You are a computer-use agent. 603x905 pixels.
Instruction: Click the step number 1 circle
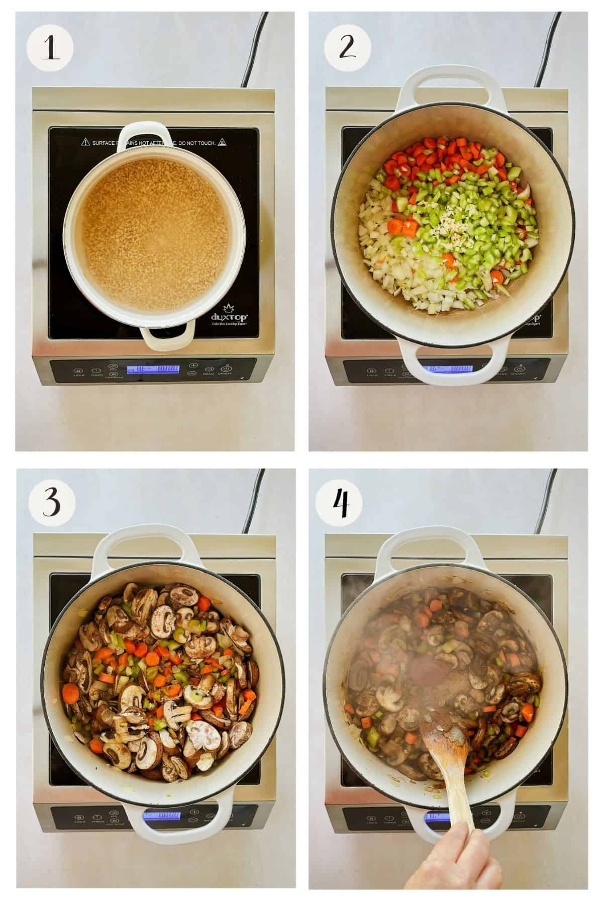click(x=50, y=49)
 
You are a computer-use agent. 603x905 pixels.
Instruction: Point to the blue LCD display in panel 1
click(x=153, y=370)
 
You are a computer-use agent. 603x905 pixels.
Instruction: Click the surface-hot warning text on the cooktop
click(x=148, y=143)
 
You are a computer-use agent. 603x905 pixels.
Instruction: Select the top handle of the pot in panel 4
click(x=440, y=548)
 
